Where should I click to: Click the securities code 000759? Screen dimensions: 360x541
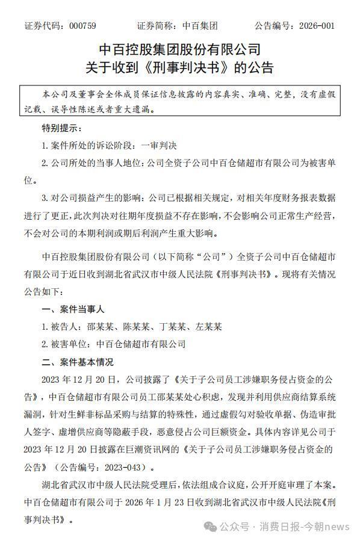pyautogui.click(x=83, y=26)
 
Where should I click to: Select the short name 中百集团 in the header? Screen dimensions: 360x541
pyautogui.click(x=200, y=26)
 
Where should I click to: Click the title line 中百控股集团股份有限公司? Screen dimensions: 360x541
pyautogui.click(x=179, y=49)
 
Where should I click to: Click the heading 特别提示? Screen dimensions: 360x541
pyautogui.click(x=60, y=128)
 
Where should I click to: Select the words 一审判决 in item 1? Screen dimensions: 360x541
pyautogui.click(x=158, y=146)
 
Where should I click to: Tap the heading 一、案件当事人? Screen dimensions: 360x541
pyautogui.click(x=73, y=309)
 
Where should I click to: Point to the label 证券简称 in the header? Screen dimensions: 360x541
pyautogui.click(x=156, y=26)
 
